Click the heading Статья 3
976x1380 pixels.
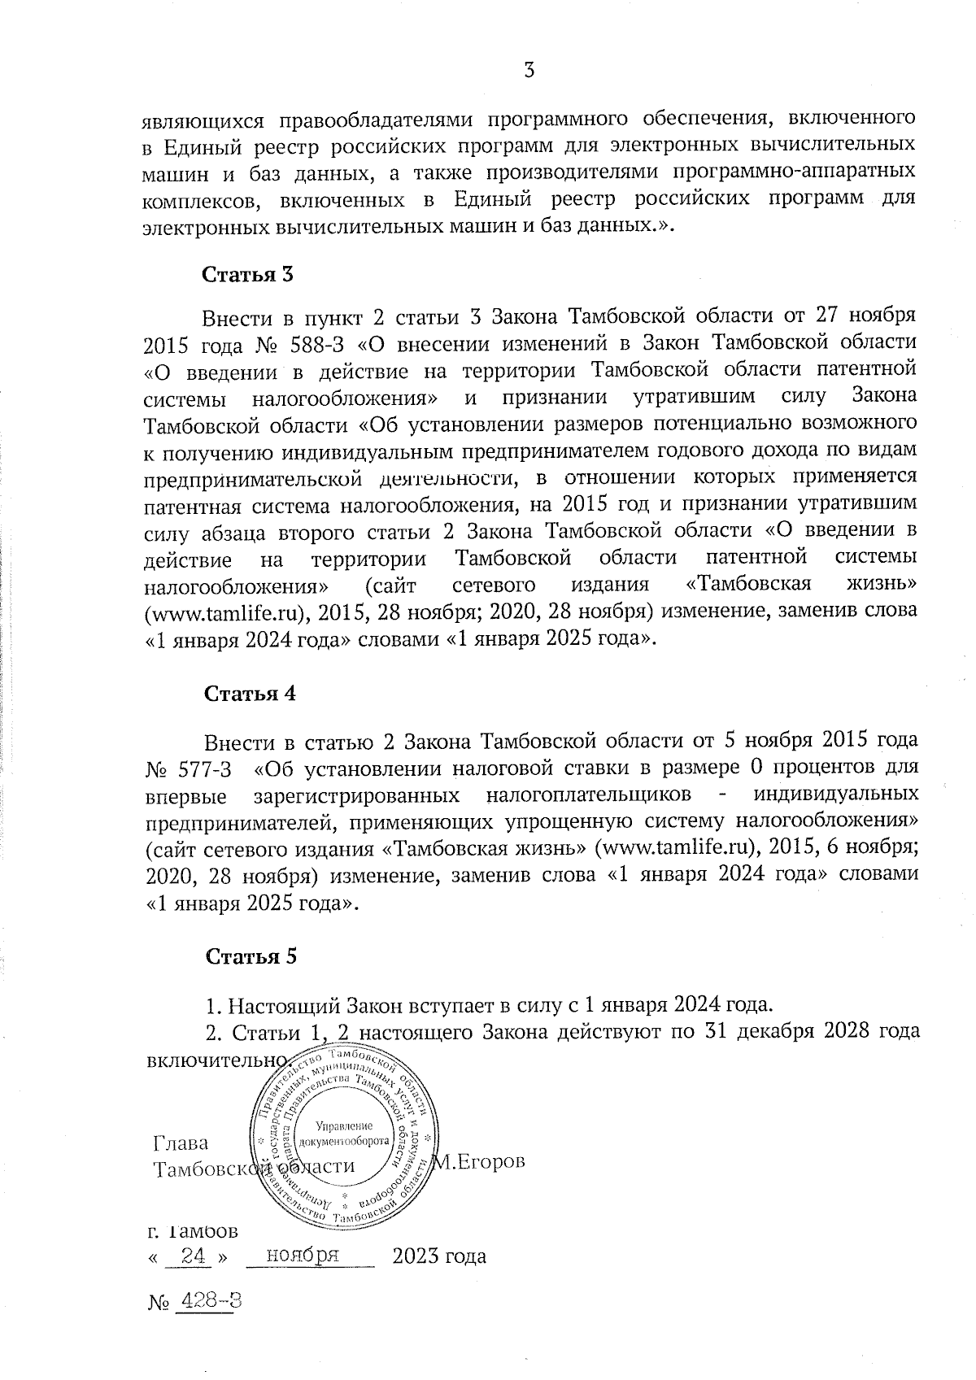[x=246, y=274]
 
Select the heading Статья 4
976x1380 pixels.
[x=249, y=694]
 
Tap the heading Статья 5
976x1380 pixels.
[x=250, y=956]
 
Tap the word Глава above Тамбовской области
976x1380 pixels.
[x=181, y=1143]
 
